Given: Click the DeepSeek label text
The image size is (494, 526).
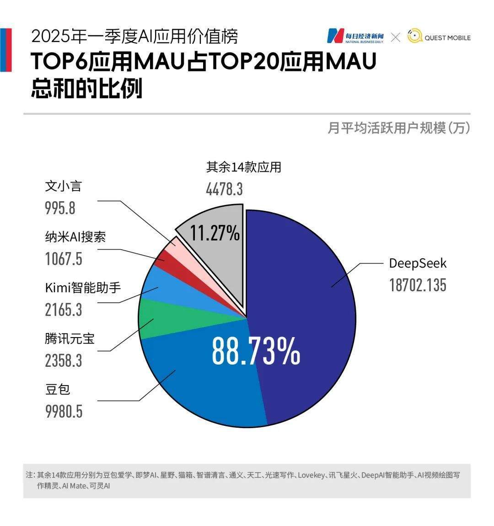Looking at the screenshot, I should pyautogui.click(x=417, y=263).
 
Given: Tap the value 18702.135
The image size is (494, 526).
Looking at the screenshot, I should pyautogui.click(x=417, y=285).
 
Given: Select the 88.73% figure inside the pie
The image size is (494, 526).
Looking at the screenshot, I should pyautogui.click(x=256, y=351).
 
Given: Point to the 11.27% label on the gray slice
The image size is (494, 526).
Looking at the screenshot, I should pyautogui.click(x=215, y=233).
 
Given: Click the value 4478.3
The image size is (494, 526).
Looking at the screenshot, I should pyautogui.click(x=224, y=189).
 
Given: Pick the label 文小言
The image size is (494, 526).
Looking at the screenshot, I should pyautogui.click(x=63, y=186).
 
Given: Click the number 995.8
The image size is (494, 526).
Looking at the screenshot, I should pyautogui.click(x=60, y=208).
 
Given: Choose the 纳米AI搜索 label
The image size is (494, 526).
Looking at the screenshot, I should pyautogui.click(x=75, y=237).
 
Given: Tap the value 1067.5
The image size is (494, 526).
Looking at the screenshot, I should pyautogui.click(x=64, y=259).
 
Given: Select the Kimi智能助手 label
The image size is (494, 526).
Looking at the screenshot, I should pyautogui.click(x=83, y=288).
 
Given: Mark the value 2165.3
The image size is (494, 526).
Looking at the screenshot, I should pyautogui.click(x=64, y=310).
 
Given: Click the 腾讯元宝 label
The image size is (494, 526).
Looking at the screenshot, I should pyautogui.click(x=70, y=338).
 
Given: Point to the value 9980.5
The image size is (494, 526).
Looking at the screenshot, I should pyautogui.click(x=64, y=411).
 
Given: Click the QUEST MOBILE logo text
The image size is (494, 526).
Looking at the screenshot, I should pyautogui.click(x=447, y=38).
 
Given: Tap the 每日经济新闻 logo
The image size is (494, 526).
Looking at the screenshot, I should pyautogui.click(x=356, y=37).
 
